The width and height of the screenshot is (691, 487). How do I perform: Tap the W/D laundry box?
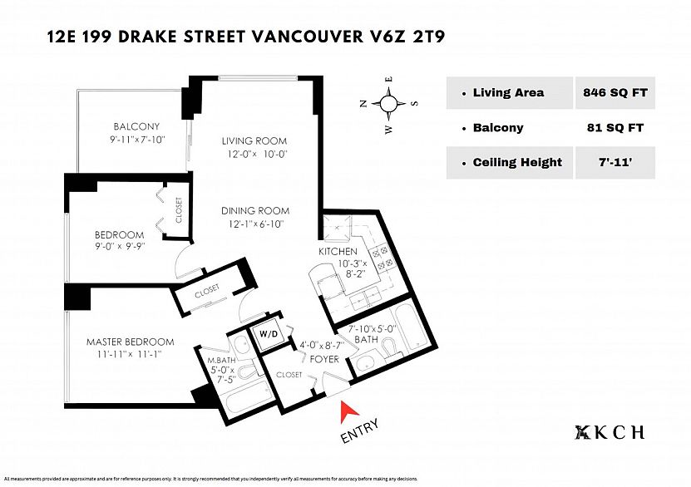tap(269, 334)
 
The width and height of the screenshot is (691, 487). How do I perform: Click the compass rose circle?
tap(388, 104)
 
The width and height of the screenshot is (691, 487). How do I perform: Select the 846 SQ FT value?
tap(615, 92)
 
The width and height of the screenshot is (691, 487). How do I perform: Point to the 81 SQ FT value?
tap(615, 128)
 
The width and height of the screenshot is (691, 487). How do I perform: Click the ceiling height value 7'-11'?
tap(615, 163)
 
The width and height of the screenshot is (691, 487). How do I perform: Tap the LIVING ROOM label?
tap(254, 141)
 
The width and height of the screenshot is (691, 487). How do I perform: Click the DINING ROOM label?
tap(255, 210)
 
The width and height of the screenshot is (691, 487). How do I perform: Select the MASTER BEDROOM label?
tap(130, 342)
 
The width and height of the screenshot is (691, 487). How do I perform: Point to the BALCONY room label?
tap(136, 126)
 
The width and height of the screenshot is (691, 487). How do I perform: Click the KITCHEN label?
tap(338, 252)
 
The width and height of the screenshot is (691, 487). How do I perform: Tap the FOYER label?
tap(324, 359)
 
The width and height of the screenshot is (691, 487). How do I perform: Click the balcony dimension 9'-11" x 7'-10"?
tap(137, 140)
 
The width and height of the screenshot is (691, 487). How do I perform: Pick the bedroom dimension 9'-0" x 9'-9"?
tap(120, 246)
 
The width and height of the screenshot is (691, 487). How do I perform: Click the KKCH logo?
tap(610, 432)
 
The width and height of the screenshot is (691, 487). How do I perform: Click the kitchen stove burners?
tap(382, 257)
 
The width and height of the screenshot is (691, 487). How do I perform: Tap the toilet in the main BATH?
tap(388, 348)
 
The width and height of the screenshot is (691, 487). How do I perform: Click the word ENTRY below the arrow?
tap(359, 431)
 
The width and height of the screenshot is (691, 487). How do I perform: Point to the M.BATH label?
tap(222, 360)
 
